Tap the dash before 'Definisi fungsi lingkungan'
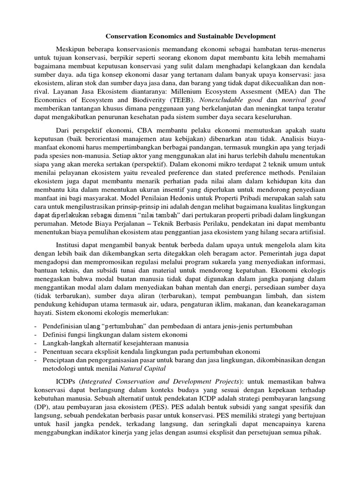(x=36, y=335)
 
